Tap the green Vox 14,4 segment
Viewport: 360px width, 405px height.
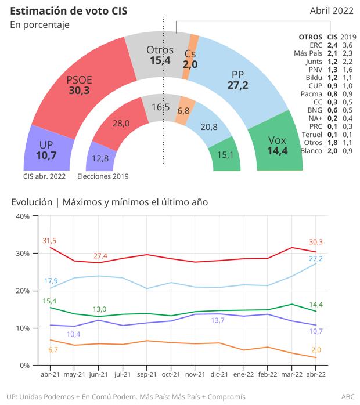[x=277, y=145]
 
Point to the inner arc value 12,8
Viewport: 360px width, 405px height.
[x=100, y=158]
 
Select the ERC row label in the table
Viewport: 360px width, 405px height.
[x=316, y=45]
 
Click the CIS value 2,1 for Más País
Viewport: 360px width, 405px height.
[x=332, y=53]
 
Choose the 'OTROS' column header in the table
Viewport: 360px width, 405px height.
[x=310, y=37]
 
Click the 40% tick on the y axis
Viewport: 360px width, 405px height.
[x=23, y=216]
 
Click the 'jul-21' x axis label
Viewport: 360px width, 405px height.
[x=122, y=375]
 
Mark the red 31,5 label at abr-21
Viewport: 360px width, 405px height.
[x=49, y=240]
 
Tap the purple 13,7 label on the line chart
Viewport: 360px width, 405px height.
[x=218, y=320]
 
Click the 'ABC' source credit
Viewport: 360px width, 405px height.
[x=347, y=397]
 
